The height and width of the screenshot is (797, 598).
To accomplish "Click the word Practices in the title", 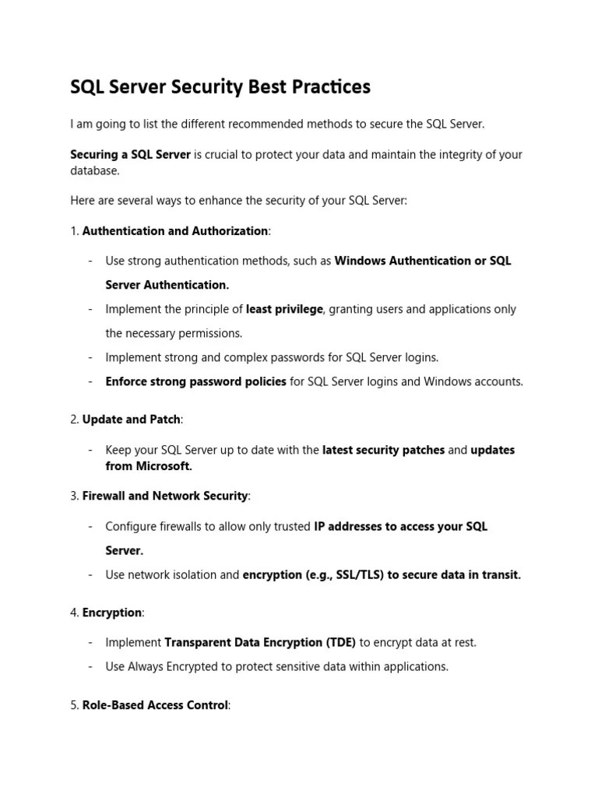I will tap(329, 87).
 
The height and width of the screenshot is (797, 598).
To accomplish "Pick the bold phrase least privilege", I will tap(284, 309).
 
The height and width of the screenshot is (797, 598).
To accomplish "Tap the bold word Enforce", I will tap(128, 382).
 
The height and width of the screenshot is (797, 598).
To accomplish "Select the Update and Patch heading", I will tap(132, 420).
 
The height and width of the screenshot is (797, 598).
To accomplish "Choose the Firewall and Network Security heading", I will tap(165, 496).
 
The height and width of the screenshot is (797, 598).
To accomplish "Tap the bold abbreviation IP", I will tap(319, 526).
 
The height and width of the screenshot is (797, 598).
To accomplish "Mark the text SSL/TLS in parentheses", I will tap(357, 575).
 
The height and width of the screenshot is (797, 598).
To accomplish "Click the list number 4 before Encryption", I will tap(73, 613).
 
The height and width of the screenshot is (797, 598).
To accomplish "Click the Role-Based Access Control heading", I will tap(155, 705).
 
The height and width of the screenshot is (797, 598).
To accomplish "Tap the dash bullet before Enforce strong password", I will tap(91, 382).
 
